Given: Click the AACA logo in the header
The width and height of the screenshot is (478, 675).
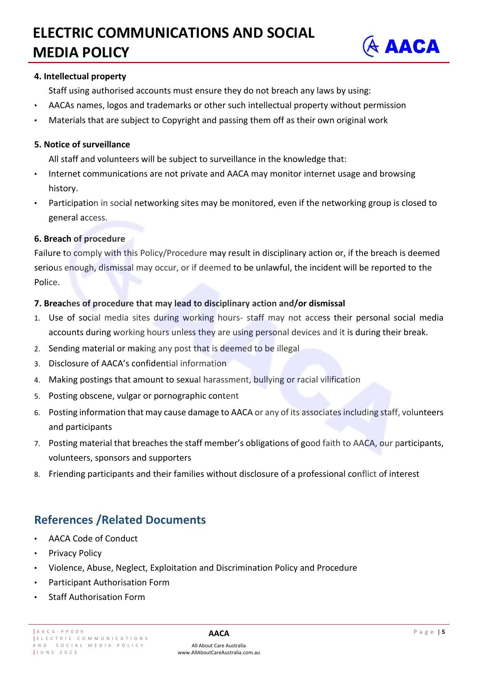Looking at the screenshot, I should coord(401,46).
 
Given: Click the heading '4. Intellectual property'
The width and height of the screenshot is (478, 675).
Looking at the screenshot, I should coord(80,76).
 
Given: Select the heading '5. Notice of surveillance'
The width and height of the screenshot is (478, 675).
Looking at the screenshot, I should coord(82,144).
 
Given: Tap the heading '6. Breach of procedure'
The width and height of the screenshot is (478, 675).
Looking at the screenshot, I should coord(80,239).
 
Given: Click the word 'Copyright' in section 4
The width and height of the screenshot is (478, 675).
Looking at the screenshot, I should coord(181,120).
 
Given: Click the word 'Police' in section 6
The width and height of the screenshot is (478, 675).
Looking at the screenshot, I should coord(46,282).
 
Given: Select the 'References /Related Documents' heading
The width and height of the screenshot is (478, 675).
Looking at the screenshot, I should coord(120,520).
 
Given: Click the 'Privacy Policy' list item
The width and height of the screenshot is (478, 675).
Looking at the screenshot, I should coord(75,553).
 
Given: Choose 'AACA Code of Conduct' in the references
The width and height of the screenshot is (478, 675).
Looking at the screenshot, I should coord(93,538).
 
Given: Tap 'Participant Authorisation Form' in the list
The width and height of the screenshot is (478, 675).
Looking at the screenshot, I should coord(109,582).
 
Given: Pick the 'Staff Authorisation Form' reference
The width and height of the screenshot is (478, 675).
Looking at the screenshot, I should coord(97,597).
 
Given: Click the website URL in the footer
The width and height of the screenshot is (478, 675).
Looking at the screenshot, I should coord(218,652).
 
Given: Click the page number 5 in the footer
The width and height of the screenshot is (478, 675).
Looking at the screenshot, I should coord(443,632).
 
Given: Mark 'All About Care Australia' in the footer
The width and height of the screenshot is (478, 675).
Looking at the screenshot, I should coord(218,645).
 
